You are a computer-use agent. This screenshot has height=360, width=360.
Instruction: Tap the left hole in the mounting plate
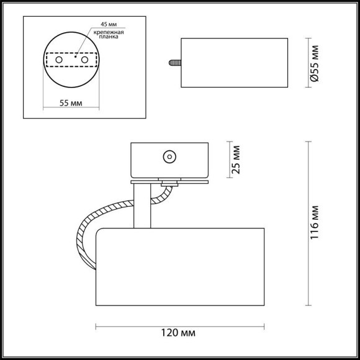59,60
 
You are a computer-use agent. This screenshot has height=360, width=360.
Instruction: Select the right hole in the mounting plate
84,60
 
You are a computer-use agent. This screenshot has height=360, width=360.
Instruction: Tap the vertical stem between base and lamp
141,205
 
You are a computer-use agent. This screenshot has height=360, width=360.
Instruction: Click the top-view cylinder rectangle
210,63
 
